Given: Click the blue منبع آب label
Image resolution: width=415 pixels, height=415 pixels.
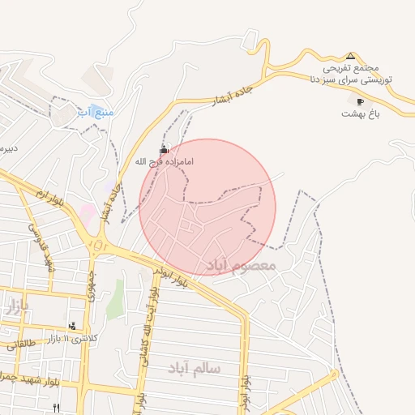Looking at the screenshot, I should click(x=96, y=111).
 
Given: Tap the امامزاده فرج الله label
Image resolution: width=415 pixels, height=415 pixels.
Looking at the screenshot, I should click(x=165, y=161).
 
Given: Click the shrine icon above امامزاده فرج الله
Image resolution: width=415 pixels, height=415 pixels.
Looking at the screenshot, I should click(x=165, y=149).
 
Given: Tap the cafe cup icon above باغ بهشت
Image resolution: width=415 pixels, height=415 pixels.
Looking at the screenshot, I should click(x=361, y=101).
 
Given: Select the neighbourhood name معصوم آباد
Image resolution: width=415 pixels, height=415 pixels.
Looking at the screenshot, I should click(x=241, y=265).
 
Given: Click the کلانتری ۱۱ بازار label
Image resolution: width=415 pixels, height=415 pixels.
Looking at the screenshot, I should click(x=72, y=337).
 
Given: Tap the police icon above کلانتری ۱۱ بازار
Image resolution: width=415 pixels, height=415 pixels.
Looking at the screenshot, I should click(x=72, y=326).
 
